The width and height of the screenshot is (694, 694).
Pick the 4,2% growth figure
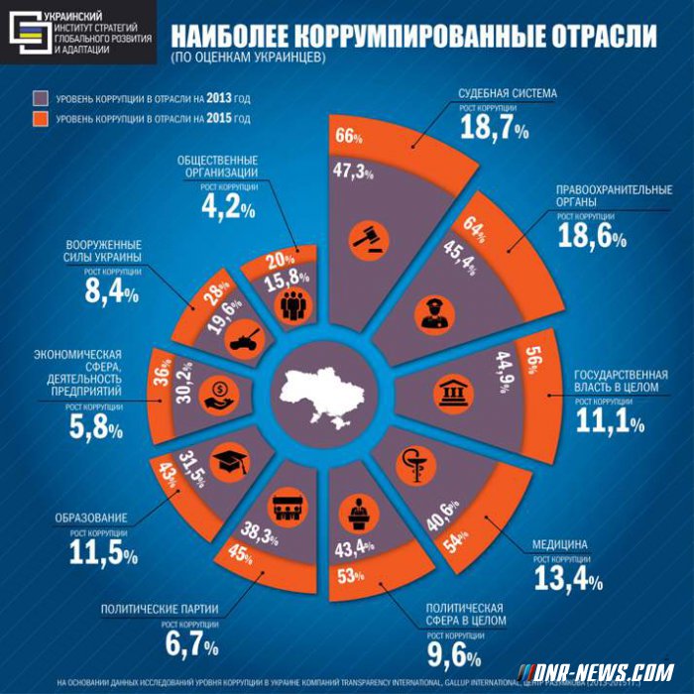228,206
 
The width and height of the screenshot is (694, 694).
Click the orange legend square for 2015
40,119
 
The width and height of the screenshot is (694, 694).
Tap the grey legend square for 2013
40,98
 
